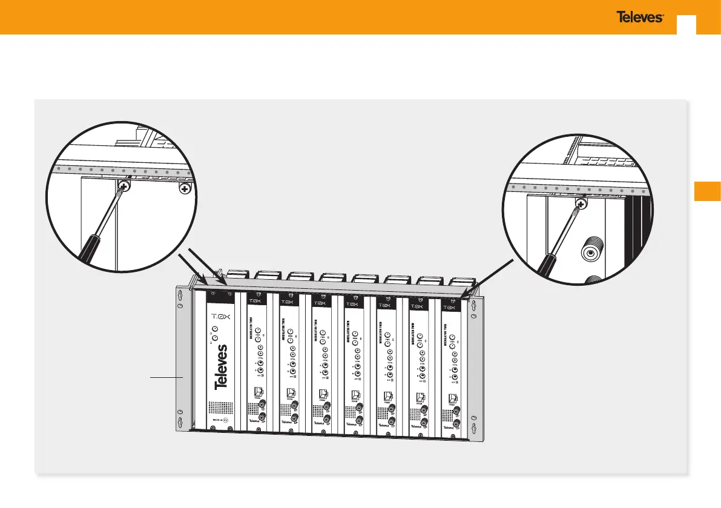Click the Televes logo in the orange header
(640, 18)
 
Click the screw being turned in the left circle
(123, 186)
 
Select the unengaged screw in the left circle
(185, 190)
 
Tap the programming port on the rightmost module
(452, 399)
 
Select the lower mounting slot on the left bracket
(179, 418)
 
